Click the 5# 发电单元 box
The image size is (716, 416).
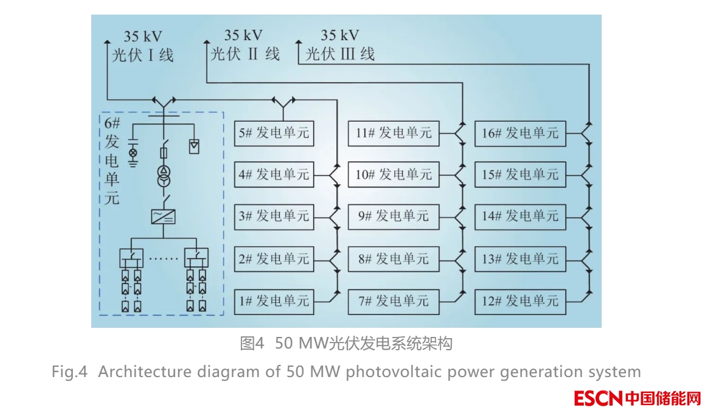(x=274, y=133)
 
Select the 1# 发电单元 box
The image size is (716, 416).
(x=274, y=301)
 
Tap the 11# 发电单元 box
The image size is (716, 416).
(x=394, y=133)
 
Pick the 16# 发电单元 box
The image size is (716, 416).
(x=520, y=133)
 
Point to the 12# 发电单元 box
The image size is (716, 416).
(x=520, y=301)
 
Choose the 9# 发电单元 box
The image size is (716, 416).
(x=394, y=217)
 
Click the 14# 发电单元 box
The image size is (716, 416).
(x=520, y=217)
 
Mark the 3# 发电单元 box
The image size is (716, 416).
(x=274, y=217)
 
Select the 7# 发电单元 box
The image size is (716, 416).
(x=394, y=301)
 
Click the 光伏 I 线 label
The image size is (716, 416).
(x=142, y=55)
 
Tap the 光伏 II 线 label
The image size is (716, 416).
(x=245, y=54)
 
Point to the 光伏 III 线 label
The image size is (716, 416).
(x=340, y=54)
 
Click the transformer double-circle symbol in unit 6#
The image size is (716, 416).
(x=163, y=176)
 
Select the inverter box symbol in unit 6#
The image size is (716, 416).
(x=163, y=217)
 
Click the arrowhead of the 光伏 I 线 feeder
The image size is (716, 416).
(x=108, y=42)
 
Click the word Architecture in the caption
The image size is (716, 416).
(x=139, y=372)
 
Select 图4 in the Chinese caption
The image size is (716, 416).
(x=252, y=344)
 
